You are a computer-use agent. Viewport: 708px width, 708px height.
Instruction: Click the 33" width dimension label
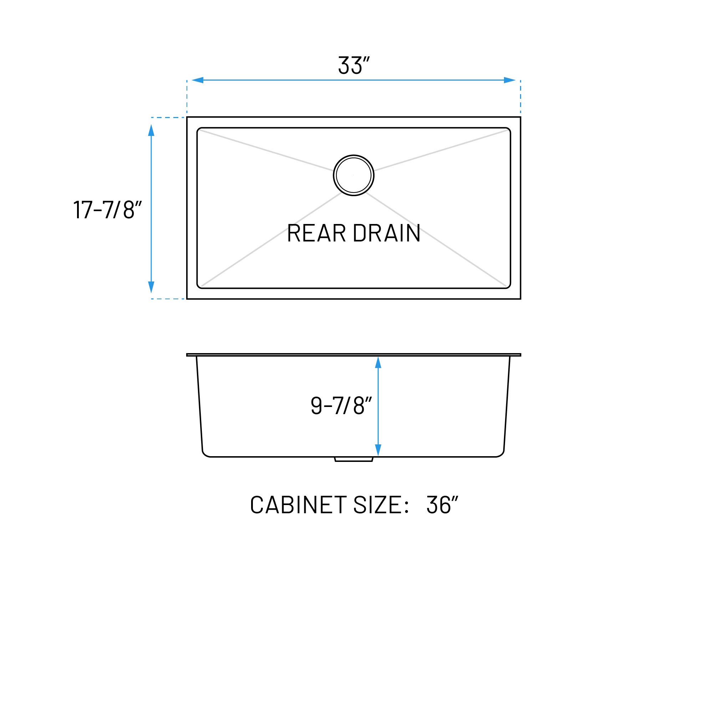point(353,65)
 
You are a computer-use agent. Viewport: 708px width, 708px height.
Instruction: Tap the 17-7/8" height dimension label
point(107,210)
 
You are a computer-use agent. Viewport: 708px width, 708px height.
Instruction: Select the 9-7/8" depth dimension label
point(341,406)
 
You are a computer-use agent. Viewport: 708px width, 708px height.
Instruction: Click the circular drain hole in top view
point(353,175)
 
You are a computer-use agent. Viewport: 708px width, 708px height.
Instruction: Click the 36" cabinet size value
point(442,505)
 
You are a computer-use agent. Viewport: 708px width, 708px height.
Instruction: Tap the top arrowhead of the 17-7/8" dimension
point(151,131)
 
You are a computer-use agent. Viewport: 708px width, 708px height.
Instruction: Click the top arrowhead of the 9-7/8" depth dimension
point(378,363)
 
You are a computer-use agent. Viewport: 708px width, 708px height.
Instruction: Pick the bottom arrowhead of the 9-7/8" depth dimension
point(378,450)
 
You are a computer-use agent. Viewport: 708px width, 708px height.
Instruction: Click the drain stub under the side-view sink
point(353,459)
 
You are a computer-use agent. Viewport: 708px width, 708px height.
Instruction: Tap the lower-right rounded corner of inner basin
point(508,286)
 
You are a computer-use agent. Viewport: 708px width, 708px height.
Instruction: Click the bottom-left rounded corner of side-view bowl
point(205,454)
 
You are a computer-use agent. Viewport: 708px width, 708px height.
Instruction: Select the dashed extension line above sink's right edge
point(520,96)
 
